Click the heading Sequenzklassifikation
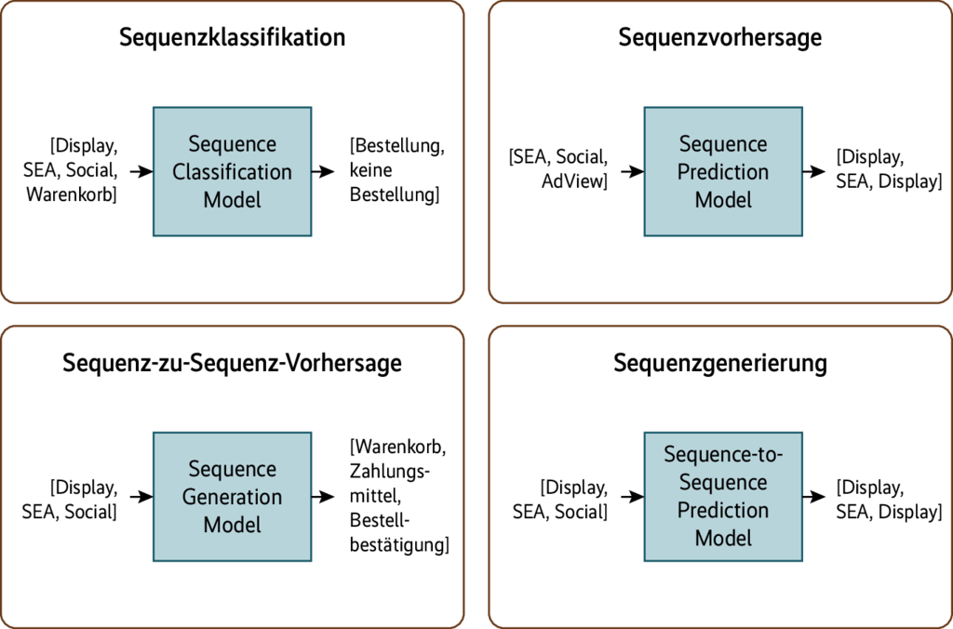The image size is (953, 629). pos(233,38)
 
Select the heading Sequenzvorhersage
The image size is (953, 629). pos(720,38)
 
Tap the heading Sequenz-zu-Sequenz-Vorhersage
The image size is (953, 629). pos(233,364)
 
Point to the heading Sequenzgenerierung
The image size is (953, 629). pos(720,364)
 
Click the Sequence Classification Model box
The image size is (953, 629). pos(232,172)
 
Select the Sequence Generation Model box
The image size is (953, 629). pos(232,497)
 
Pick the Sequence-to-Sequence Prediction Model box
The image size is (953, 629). pos(723,497)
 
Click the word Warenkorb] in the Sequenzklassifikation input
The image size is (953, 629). pos(72,195)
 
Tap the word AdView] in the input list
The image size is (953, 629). pos(574,181)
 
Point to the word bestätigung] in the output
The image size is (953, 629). pos(399,542)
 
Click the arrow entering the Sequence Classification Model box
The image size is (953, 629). pos(141,172)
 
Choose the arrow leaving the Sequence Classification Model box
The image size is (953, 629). pos(324,172)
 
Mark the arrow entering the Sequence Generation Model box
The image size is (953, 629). pos(141,497)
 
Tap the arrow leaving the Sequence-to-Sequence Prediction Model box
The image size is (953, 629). pos(812,497)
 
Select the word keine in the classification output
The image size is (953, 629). pos(371,171)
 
